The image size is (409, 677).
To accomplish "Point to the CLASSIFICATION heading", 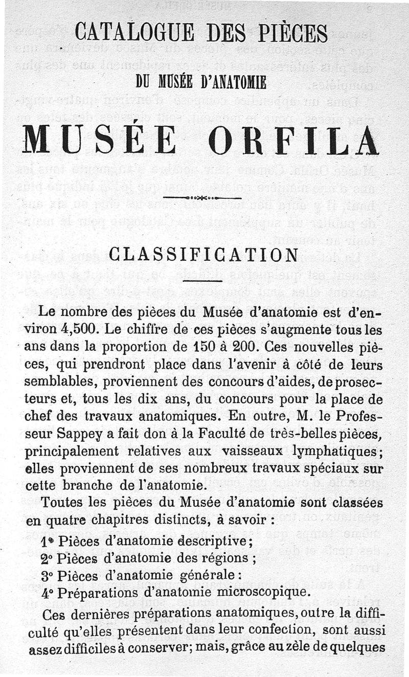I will (204, 254).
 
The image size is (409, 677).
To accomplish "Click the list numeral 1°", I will (47, 540).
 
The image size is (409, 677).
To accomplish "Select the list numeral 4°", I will (47, 593).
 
